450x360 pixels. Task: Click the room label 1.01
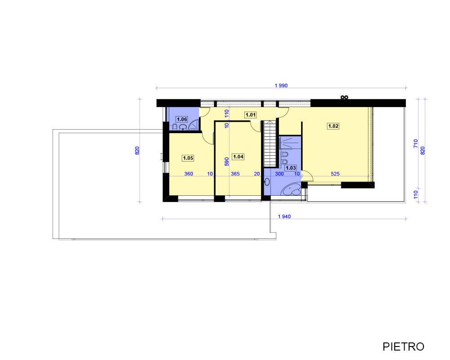[251, 115]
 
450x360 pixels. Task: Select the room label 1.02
[333, 126]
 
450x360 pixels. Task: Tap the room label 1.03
[290, 168]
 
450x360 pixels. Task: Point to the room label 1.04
[238, 157]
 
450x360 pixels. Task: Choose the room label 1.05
[188, 158]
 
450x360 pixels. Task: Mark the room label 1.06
[182, 119]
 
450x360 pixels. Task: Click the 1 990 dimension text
[281, 85]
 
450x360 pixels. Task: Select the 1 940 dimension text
[284, 216]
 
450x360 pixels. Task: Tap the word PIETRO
[403, 346]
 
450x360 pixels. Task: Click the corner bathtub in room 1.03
[292, 190]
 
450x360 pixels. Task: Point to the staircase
[270, 143]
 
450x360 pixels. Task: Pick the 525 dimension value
[335, 174]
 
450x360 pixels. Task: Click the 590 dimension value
[227, 162]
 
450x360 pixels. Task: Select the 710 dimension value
[415, 144]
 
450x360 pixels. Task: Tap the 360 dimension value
[189, 174]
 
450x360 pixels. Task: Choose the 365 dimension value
[235, 174]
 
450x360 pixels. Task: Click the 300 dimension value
[279, 174]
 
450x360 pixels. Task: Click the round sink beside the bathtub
[267, 182]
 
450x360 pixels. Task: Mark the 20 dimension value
[257, 174]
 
